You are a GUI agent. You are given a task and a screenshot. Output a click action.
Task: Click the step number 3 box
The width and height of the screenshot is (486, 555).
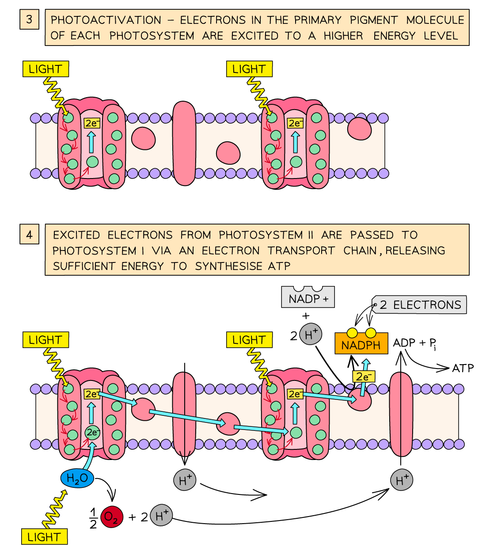(29, 19)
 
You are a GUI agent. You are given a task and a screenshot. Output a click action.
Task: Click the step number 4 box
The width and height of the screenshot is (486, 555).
(29, 234)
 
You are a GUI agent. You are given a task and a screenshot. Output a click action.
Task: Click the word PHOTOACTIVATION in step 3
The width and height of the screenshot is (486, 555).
(106, 20)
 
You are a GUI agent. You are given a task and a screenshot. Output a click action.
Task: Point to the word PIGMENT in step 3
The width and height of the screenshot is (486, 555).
(374, 20)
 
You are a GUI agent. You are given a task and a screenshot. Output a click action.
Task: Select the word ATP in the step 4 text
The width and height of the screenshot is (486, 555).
(279, 266)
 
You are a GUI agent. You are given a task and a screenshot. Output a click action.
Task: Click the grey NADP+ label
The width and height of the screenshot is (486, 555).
(308, 299)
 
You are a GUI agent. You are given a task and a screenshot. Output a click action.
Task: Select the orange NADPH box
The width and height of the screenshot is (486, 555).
(361, 345)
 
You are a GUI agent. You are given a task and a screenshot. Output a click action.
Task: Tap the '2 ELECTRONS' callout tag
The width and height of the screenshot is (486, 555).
(420, 305)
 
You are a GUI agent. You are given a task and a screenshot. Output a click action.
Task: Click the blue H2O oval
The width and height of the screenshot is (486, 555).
(77, 478)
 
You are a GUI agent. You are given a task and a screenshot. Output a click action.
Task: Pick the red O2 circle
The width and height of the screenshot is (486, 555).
(111, 517)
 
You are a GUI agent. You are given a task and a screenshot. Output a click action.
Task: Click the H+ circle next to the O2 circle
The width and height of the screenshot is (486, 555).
(161, 515)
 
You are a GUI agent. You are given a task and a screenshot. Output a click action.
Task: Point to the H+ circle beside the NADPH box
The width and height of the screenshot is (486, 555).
(311, 334)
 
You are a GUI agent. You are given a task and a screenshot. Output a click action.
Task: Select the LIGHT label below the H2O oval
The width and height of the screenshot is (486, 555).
(44, 537)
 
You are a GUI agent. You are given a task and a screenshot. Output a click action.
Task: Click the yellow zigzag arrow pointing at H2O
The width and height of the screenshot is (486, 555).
(55, 508)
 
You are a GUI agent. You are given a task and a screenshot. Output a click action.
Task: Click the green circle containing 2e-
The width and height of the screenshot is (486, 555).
(92, 432)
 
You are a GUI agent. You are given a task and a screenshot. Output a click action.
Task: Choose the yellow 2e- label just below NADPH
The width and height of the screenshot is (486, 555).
(363, 376)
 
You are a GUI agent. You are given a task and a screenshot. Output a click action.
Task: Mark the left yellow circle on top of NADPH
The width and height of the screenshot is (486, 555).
(352, 333)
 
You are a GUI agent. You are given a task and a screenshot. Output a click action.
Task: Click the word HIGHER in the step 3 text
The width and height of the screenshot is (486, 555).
(343, 36)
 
